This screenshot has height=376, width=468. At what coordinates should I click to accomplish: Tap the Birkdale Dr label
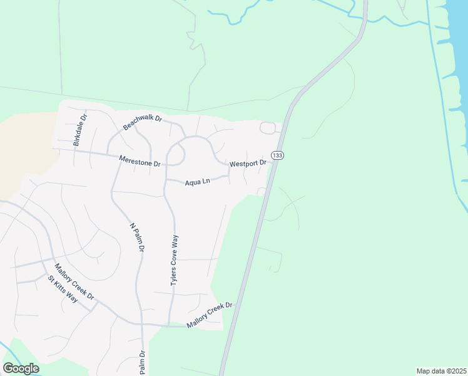80,130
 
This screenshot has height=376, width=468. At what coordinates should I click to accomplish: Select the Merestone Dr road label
140,161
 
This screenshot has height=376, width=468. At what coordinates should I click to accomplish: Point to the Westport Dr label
248,164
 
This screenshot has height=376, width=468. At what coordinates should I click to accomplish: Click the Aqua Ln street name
197,182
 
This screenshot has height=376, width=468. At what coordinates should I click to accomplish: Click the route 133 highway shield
277,155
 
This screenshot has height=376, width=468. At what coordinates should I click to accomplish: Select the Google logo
21,368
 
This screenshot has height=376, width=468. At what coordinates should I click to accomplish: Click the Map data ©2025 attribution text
442,371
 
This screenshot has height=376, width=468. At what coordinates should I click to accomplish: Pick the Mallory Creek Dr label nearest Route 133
210,315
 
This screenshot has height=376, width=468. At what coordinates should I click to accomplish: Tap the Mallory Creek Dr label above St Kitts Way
73,281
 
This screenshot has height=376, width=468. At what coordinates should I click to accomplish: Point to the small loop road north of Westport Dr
268,128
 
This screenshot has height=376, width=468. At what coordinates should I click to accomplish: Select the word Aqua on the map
192,183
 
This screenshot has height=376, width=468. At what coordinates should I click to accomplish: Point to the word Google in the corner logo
21,368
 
